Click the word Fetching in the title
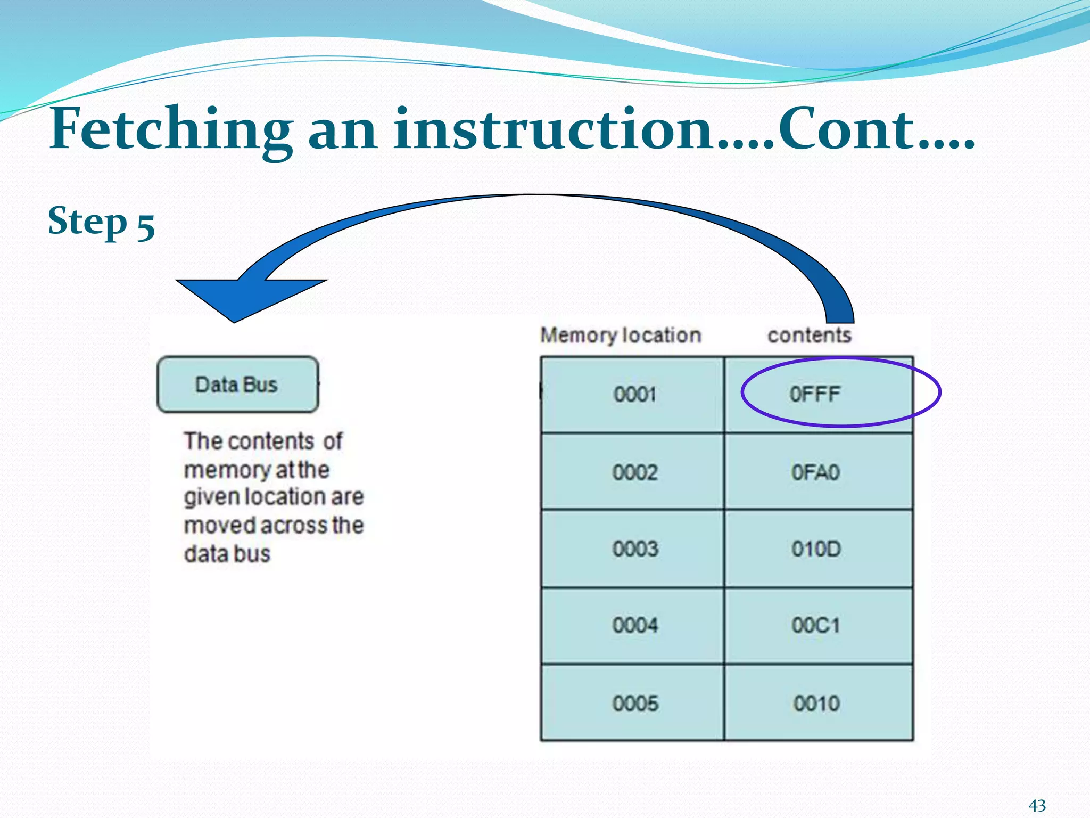pyautogui.click(x=170, y=129)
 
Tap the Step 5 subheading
pyautogui.click(x=101, y=222)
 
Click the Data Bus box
pyautogui.click(x=237, y=385)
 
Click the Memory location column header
pyautogui.click(x=621, y=336)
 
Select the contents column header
pyautogui.click(x=809, y=336)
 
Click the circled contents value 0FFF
pyautogui.click(x=814, y=395)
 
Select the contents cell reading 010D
pyautogui.click(x=815, y=549)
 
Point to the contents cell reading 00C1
pyautogui.click(x=815, y=625)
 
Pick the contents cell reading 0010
pyautogui.click(x=816, y=704)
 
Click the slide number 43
pyautogui.click(x=1037, y=805)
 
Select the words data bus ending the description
pyautogui.click(x=227, y=554)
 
